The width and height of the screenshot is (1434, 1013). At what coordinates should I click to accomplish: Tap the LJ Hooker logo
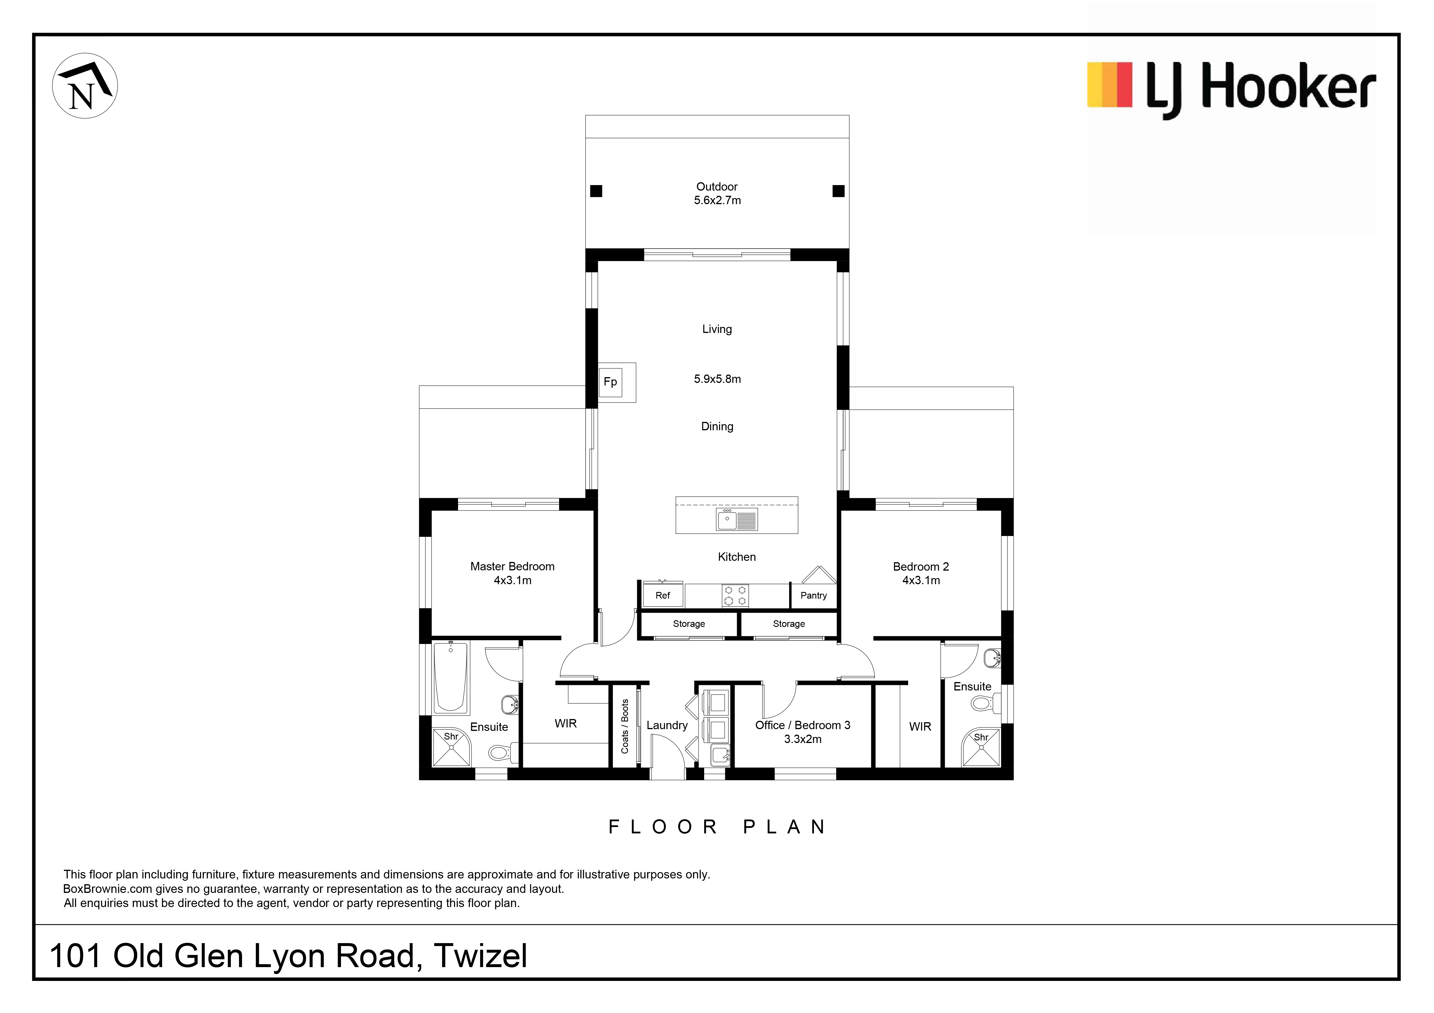click(x=1231, y=90)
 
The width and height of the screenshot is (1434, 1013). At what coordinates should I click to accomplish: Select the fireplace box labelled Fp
click(x=610, y=382)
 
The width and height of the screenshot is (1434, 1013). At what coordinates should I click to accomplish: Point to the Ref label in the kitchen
click(x=663, y=595)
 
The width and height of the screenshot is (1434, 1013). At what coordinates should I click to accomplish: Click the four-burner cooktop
click(x=735, y=595)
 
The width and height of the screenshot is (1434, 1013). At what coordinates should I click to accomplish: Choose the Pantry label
click(x=813, y=595)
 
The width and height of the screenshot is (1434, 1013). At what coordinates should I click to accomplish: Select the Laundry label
click(x=667, y=725)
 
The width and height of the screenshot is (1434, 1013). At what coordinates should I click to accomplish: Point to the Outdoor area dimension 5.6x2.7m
click(x=717, y=200)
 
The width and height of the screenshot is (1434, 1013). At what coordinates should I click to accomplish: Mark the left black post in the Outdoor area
click(x=596, y=191)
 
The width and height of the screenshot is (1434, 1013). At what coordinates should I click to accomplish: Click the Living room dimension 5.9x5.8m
click(x=717, y=379)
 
